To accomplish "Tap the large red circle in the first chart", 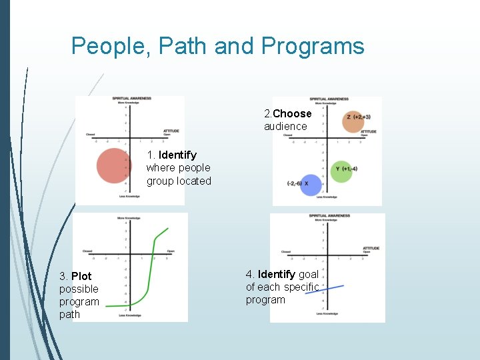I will pyautogui.click(x=114, y=166).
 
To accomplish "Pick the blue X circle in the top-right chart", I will pyautogui.click(x=311, y=184).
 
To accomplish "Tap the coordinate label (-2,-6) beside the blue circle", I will pyautogui.click(x=294, y=183).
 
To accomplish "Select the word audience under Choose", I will pyautogui.click(x=285, y=126).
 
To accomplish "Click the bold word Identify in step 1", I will pyautogui.click(x=177, y=155).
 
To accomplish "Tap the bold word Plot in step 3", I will pyautogui.click(x=81, y=276).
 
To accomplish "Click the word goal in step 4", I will pyautogui.click(x=309, y=274).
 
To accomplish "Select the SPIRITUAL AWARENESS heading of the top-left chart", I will pyautogui.click(x=132, y=99).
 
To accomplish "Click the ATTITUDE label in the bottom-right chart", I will pyautogui.click(x=371, y=248).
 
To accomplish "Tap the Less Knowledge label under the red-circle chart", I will pyautogui.click(x=129, y=196).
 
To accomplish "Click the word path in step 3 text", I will pyautogui.click(x=69, y=314).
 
